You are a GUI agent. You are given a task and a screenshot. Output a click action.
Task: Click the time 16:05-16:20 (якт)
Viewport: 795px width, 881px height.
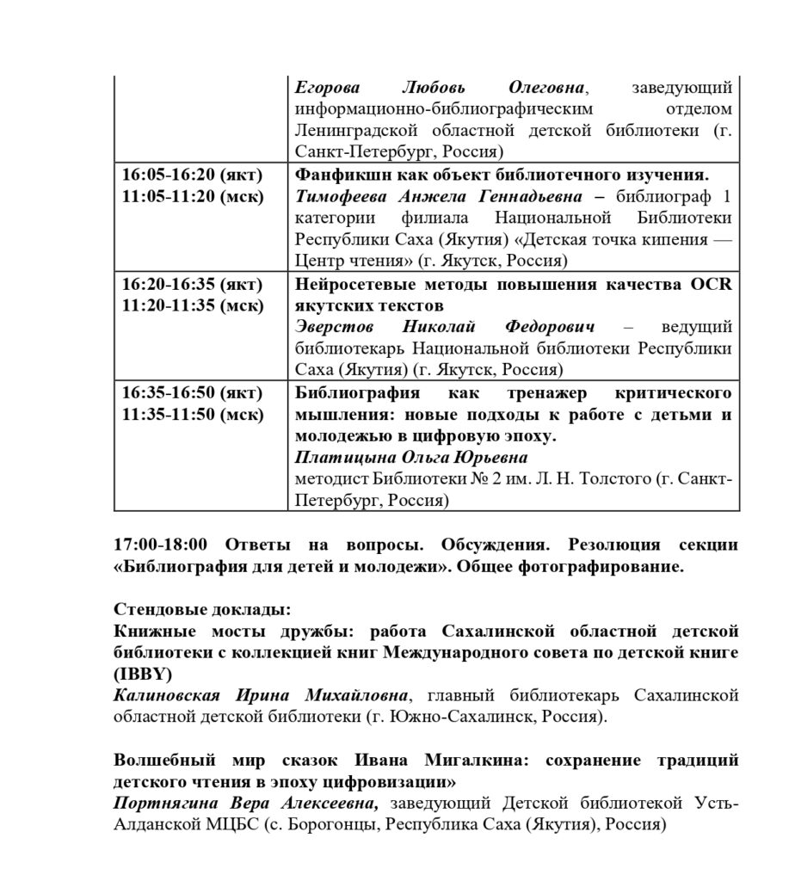pyautogui.click(x=191, y=174)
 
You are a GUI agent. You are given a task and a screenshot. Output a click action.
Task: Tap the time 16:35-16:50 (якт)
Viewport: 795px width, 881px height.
pyautogui.click(x=191, y=392)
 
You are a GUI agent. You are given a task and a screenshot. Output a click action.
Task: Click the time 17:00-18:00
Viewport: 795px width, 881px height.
pyautogui.click(x=161, y=545)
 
